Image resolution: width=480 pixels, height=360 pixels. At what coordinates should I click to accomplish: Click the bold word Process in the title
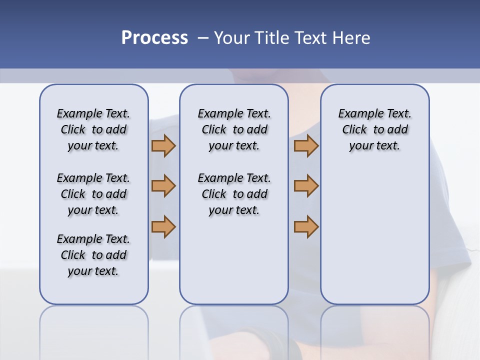click(154, 38)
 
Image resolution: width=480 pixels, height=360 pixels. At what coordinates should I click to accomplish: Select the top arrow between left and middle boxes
click(163, 145)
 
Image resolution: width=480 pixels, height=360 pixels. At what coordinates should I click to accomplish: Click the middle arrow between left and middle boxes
click(163, 186)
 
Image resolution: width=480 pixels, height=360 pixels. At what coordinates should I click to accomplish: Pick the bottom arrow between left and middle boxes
click(163, 226)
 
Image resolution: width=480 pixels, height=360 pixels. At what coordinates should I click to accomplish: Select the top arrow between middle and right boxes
click(306, 145)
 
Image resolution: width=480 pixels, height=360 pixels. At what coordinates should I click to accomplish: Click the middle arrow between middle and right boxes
click(306, 186)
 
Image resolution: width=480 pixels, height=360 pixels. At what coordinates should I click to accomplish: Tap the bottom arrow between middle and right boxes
click(306, 226)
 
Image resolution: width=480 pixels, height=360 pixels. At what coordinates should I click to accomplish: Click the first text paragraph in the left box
click(93, 129)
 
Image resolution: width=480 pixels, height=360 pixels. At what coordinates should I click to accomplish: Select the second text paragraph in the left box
click(93, 194)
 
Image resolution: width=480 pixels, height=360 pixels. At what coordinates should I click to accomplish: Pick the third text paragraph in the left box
click(93, 255)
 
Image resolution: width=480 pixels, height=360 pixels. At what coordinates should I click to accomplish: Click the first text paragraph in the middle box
click(234, 129)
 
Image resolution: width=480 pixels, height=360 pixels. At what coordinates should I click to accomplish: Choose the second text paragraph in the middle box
click(234, 194)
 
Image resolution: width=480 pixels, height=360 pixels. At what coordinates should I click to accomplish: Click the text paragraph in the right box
click(374, 129)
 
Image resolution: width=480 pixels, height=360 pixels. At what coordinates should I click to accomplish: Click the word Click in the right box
click(354, 130)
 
